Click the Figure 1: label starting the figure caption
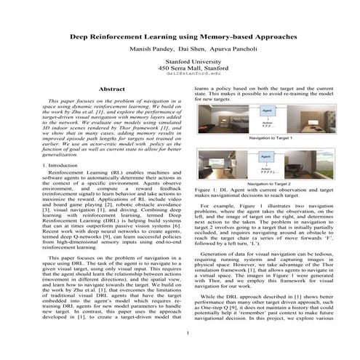coord(206,189)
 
